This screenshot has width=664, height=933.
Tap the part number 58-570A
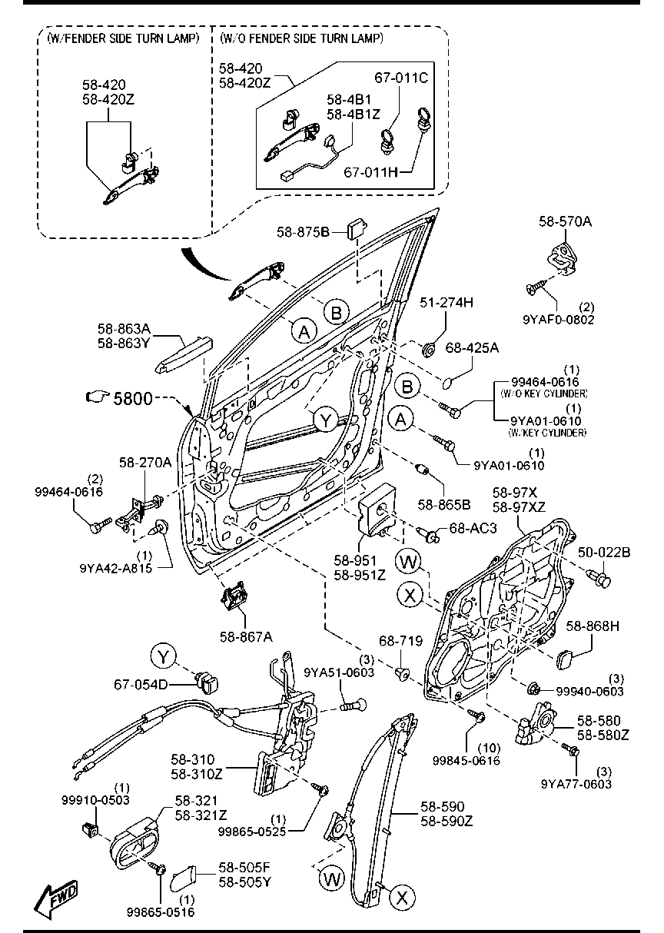[x=565, y=221]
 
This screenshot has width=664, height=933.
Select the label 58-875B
[x=304, y=231]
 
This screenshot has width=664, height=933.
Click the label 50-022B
[x=604, y=552]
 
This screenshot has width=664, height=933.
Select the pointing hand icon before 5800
[x=98, y=397]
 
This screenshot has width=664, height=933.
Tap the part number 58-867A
[x=247, y=636]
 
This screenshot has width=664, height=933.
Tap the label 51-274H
[x=446, y=303]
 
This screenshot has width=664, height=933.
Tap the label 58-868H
[x=593, y=626]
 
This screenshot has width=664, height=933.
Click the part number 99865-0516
[x=161, y=912]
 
